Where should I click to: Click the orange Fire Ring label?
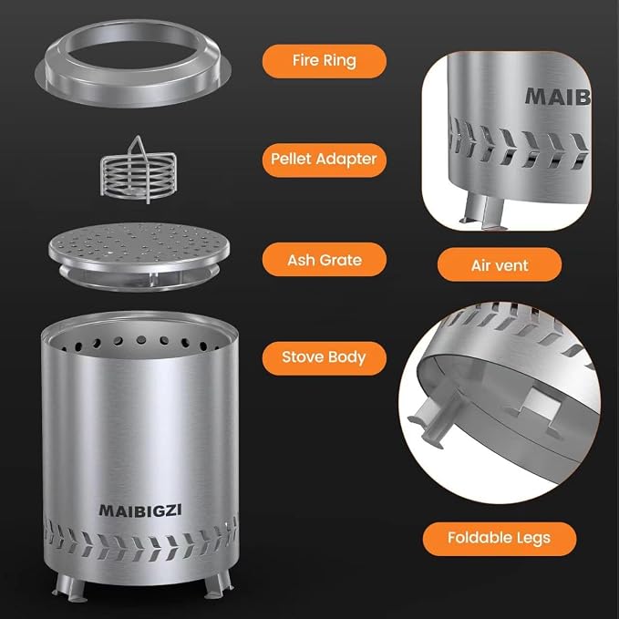pyautogui.click(x=325, y=61)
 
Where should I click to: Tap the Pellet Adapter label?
pyautogui.click(x=325, y=160)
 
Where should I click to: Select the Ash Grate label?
pyautogui.click(x=325, y=260)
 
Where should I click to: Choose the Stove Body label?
pyautogui.click(x=325, y=358)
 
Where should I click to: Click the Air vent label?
pyautogui.click(x=500, y=265)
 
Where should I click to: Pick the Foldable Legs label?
pyautogui.click(x=499, y=539)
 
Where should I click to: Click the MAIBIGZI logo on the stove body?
pyautogui.click(x=140, y=510)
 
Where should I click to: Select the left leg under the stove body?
pyautogui.click(x=70, y=587)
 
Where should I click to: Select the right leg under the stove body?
pyautogui.click(x=218, y=585)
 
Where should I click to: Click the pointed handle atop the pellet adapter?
pyautogui.click(x=138, y=146)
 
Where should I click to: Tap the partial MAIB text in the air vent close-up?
pyautogui.click(x=558, y=97)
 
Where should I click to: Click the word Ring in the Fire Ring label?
pyautogui.click(x=339, y=61)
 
